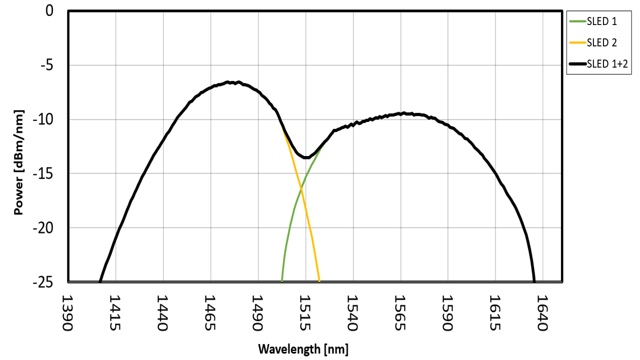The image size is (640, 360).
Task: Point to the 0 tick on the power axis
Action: [x=49, y=10]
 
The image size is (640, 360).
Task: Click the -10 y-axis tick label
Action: [x=43, y=119]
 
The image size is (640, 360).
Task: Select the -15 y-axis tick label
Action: [x=43, y=173]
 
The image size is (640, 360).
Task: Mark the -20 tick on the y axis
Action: [x=43, y=228]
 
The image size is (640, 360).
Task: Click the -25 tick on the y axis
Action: [x=43, y=282]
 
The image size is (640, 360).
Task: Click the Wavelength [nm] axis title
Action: [x=303, y=348]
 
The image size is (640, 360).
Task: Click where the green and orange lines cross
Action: [x=301, y=187]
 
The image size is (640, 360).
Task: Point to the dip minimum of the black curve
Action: [x=306, y=157]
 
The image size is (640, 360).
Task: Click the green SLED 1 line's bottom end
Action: [x=282, y=281]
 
